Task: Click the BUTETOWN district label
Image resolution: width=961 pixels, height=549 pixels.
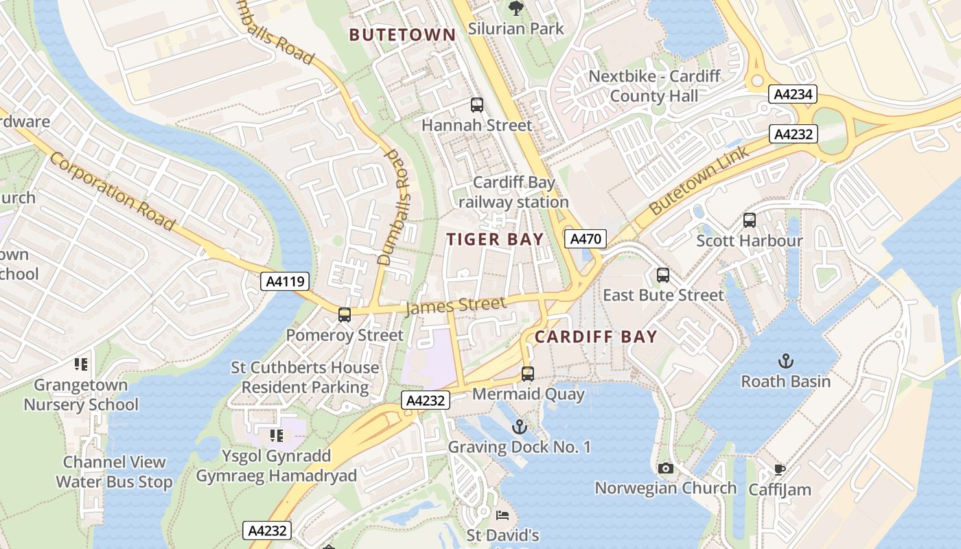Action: coord(402,35)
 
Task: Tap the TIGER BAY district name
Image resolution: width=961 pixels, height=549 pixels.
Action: coord(495,240)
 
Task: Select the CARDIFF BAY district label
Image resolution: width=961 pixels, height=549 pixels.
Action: coord(596,337)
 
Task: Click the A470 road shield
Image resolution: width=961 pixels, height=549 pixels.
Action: coord(586,239)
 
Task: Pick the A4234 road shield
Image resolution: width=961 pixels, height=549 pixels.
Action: coord(792,95)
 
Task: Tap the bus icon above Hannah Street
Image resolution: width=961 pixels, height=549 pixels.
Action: coord(477,105)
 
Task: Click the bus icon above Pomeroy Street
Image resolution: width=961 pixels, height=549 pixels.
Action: coord(345,315)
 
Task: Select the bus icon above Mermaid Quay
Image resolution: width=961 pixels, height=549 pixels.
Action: coord(528,374)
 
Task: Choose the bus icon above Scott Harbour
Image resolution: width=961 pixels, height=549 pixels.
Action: coord(750,220)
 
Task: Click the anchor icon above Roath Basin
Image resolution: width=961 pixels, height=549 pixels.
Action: coord(785,361)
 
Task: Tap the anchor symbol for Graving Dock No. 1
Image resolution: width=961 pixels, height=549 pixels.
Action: coord(520,427)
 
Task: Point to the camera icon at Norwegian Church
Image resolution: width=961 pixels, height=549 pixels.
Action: coord(665,468)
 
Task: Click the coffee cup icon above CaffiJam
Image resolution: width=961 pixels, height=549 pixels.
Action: coord(779,469)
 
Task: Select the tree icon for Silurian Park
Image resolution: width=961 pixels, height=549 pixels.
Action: coord(516,9)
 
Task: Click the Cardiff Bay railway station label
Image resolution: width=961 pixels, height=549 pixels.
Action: coord(513,193)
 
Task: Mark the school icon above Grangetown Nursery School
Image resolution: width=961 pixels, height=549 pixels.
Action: coord(81,364)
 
